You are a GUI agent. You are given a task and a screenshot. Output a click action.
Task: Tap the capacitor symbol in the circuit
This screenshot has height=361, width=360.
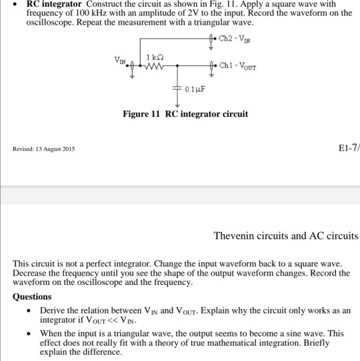tap(177, 87)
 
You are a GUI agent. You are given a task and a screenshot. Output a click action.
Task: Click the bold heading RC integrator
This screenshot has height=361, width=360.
tap(51, 5)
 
